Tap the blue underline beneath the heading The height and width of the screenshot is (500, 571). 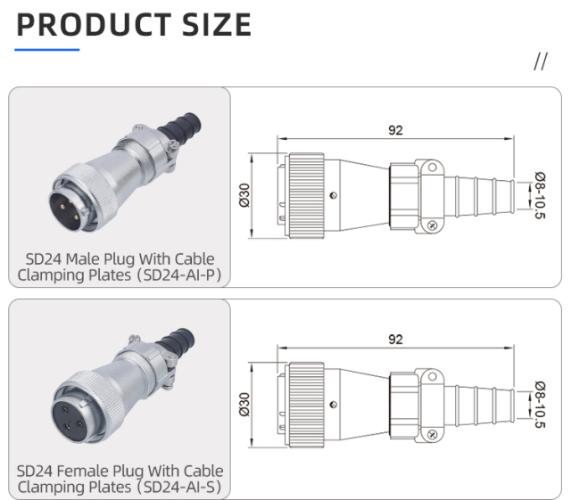click(48, 49)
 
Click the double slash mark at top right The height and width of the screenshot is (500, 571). click(541, 61)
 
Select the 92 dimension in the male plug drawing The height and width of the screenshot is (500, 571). click(395, 130)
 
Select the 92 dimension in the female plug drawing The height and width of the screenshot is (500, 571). click(395, 340)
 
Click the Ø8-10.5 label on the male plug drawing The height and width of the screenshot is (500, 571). click(540, 194)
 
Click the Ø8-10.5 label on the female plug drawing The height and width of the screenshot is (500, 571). click(540, 404)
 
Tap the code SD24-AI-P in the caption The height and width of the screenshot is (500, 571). click(178, 275)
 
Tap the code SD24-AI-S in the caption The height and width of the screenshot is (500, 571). click(178, 487)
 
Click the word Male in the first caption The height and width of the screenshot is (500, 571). click(84, 258)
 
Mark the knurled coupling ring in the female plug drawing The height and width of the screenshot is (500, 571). click(304, 403)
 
